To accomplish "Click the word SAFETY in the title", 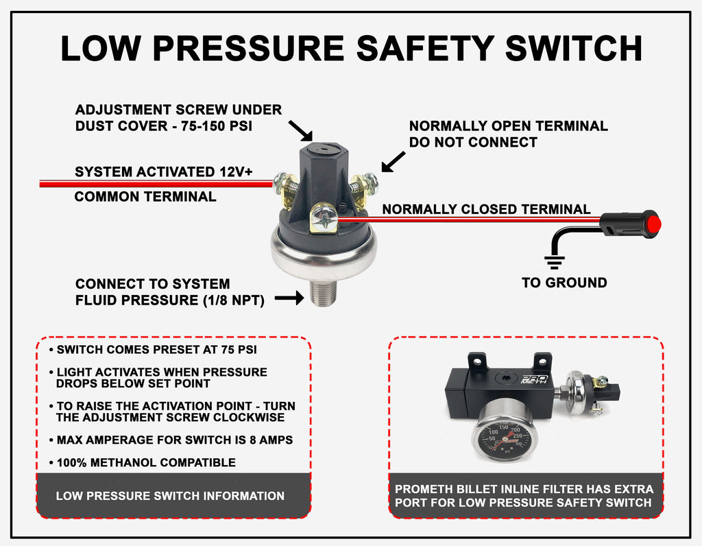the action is coord(425,48).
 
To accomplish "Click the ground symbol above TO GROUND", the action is coord(554,262).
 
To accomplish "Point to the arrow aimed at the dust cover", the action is coord(300,130).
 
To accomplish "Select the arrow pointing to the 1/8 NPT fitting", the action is coord(289,298).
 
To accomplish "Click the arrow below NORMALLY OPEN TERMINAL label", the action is coord(393,162).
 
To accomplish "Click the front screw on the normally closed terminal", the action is coord(324,219).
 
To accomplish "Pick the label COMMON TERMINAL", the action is coord(145,197).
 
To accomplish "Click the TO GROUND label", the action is coord(564,283).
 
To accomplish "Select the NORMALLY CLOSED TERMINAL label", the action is coord(486,209).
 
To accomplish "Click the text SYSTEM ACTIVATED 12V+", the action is coord(163,171).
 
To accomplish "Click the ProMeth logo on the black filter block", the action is coord(534,379).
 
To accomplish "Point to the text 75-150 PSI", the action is coord(216,126).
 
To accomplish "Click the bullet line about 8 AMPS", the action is coord(171,440).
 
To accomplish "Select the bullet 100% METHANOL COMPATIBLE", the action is coord(143,462).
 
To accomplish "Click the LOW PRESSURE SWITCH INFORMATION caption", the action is coord(170,496).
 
